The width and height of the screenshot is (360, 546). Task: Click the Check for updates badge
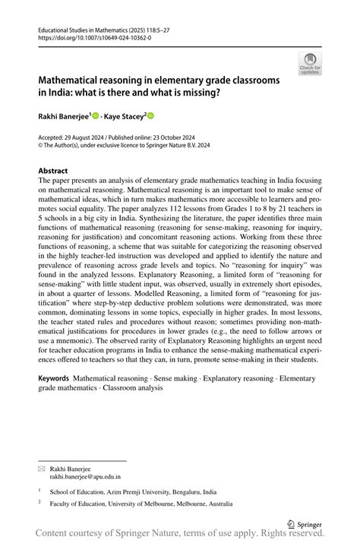click(309, 64)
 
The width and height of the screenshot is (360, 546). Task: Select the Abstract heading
click(52, 171)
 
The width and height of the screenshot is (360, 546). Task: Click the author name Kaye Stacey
click(124, 115)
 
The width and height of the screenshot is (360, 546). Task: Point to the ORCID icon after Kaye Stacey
click(150, 115)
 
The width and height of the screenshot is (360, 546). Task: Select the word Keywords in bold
click(54, 377)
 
